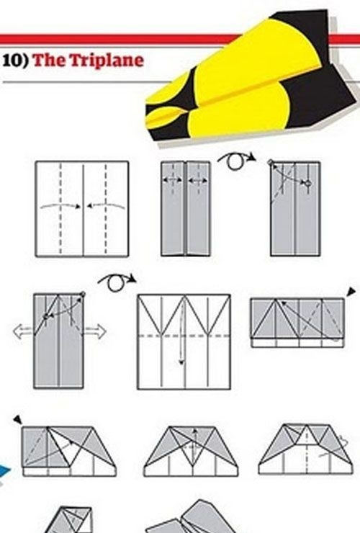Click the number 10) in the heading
point(16,61)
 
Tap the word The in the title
point(50,61)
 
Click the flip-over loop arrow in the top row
point(236,161)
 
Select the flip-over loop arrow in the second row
point(117,282)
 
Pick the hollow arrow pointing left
point(23,331)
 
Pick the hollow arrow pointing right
point(95,332)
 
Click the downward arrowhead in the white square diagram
point(181,362)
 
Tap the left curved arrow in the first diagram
point(60,206)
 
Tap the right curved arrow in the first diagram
point(106,206)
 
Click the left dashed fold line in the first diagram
point(60,208)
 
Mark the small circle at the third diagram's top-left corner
point(271,163)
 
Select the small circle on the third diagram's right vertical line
point(308,184)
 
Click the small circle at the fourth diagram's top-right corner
point(83,294)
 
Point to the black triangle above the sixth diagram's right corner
point(351,291)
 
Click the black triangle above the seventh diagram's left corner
point(18,419)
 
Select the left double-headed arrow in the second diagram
point(173,180)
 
